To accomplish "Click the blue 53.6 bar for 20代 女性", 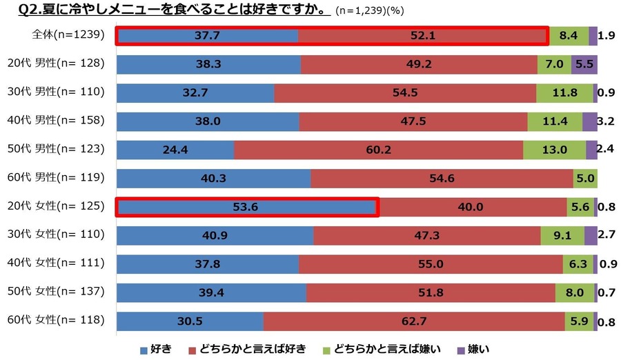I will click(246, 207).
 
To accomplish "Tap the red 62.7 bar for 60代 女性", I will click(413, 321).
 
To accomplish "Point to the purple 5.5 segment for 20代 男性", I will click(584, 64).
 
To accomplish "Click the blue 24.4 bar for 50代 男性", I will click(175, 150).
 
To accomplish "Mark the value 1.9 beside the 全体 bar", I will click(607, 35).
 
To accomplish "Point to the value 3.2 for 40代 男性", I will click(607, 121).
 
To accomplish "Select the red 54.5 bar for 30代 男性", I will click(405, 92).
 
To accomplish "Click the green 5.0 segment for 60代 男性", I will click(584, 179).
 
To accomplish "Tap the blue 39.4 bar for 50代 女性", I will click(211, 292).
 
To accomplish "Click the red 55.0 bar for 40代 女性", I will click(431, 264).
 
